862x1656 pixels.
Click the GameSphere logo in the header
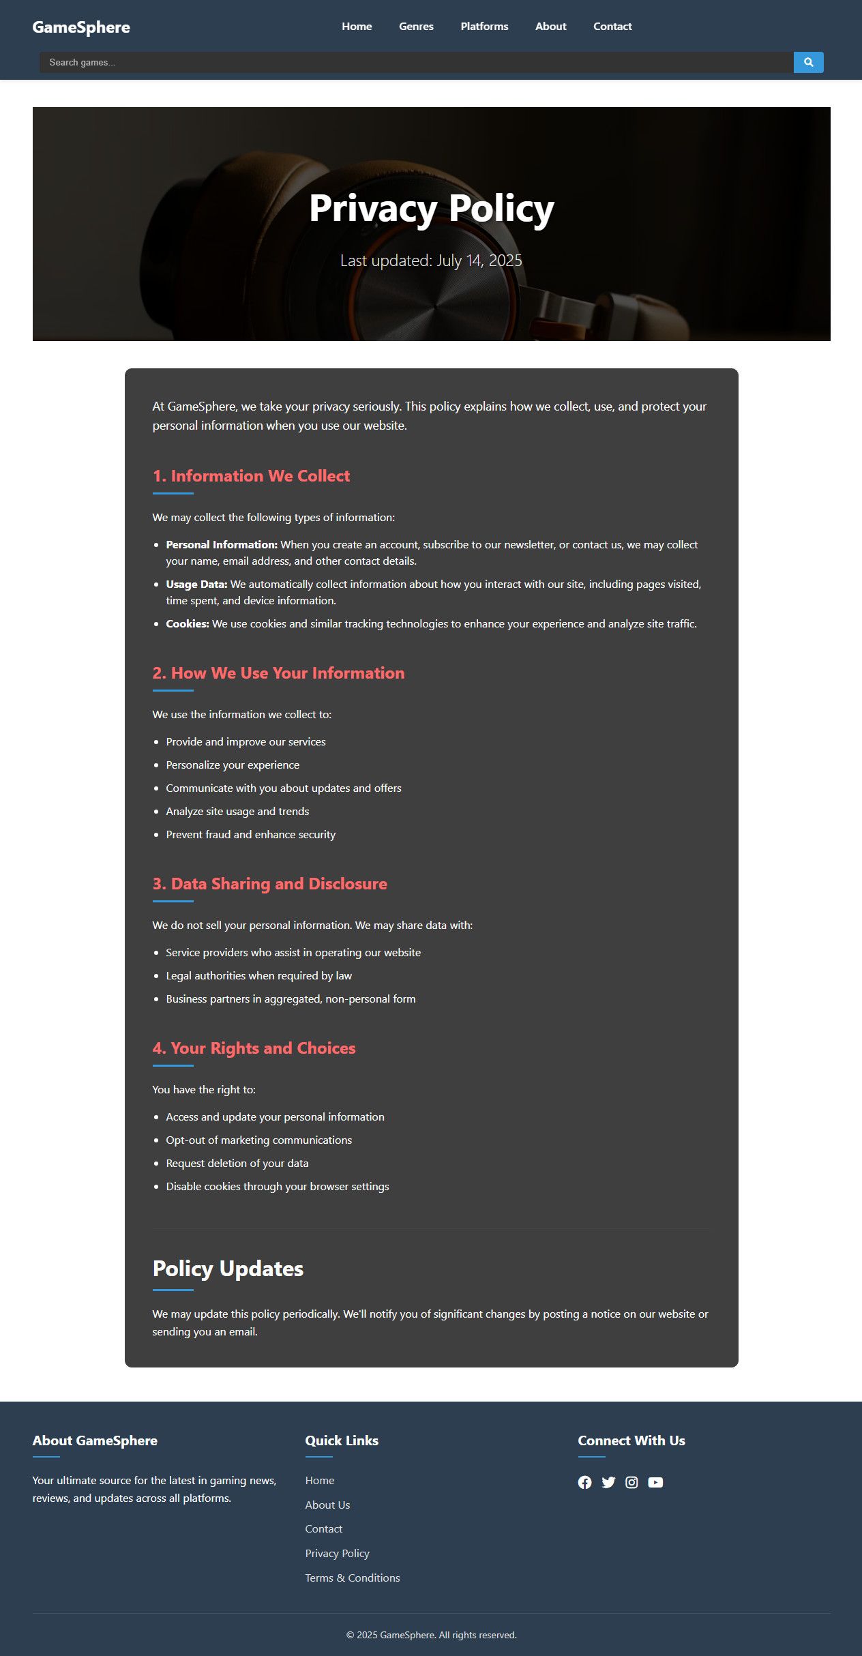pyautogui.click(x=81, y=27)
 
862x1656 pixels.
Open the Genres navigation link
pyautogui.click(x=416, y=27)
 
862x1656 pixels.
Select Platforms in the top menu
pyautogui.click(x=484, y=27)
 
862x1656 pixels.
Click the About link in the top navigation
pyautogui.click(x=550, y=27)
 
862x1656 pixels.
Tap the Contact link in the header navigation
pyautogui.click(x=612, y=27)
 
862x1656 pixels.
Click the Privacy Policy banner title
pyautogui.click(x=431, y=208)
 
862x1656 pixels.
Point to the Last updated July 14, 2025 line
pyautogui.click(x=431, y=261)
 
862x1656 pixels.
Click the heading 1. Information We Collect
pyautogui.click(x=251, y=476)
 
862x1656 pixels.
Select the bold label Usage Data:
pyautogui.click(x=196, y=585)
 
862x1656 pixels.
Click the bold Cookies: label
pyautogui.click(x=188, y=624)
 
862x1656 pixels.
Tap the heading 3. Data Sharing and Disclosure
pyautogui.click(x=269, y=884)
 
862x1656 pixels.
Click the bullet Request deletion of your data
pyautogui.click(x=237, y=1164)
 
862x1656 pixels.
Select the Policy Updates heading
pyautogui.click(x=228, y=1269)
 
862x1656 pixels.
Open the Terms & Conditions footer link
pyautogui.click(x=353, y=1578)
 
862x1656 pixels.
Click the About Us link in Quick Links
pyautogui.click(x=327, y=1505)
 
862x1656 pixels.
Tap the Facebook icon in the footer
pyautogui.click(x=584, y=1483)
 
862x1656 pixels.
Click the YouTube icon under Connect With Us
pyautogui.click(x=655, y=1483)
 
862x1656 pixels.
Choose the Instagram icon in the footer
pyautogui.click(x=631, y=1483)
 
